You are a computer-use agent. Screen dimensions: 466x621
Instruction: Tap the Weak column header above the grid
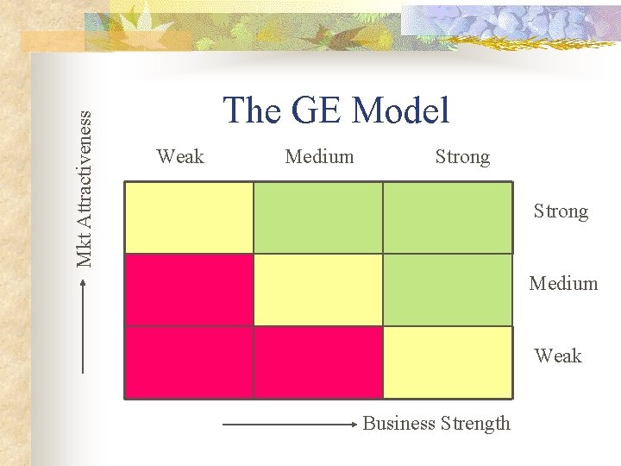pyautogui.click(x=180, y=156)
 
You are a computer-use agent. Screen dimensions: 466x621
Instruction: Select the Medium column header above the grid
pyautogui.click(x=319, y=156)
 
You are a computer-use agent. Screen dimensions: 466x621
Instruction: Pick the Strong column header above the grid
pyautogui.click(x=462, y=157)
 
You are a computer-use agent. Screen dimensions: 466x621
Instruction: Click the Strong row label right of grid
pyautogui.click(x=561, y=211)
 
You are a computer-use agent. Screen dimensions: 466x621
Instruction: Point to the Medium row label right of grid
pyautogui.click(x=563, y=283)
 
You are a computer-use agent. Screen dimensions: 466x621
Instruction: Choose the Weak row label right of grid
pyautogui.click(x=558, y=356)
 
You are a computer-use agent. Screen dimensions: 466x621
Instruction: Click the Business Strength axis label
pyautogui.click(x=436, y=424)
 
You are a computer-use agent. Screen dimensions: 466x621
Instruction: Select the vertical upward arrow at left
pyautogui.click(x=84, y=329)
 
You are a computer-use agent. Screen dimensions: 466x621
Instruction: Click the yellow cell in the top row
pyautogui.click(x=189, y=217)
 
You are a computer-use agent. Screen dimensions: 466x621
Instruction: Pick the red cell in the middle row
pyautogui.click(x=189, y=289)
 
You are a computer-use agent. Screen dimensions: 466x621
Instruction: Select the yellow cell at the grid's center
pyautogui.click(x=317, y=289)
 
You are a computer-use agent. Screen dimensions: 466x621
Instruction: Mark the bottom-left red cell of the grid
pyautogui.click(x=189, y=362)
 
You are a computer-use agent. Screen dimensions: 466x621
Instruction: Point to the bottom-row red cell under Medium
pyautogui.click(x=317, y=362)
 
